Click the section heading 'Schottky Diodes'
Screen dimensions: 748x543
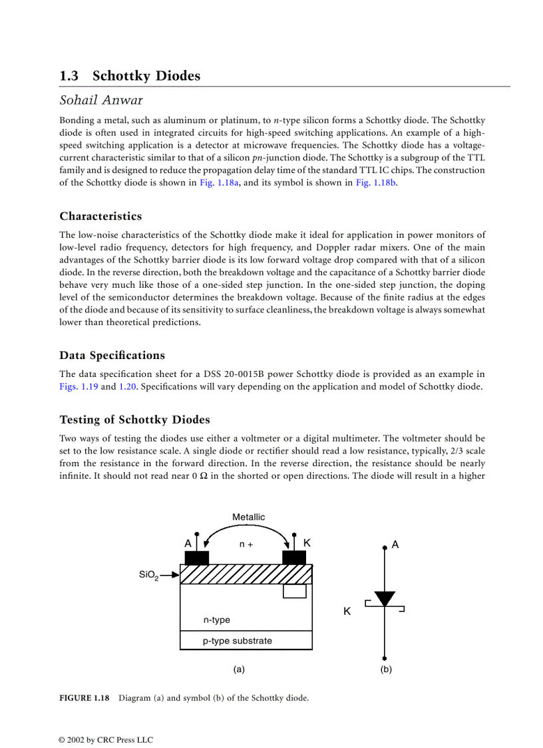[146, 76]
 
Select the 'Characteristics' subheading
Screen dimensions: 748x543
[100, 216]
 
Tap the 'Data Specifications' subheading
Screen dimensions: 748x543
[112, 355]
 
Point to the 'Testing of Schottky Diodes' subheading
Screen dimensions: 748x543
[134, 420]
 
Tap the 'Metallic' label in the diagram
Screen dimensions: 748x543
[248, 518]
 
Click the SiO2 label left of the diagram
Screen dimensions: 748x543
[148, 574]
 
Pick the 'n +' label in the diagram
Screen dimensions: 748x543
[246, 544]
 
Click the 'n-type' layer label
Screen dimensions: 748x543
[217, 620]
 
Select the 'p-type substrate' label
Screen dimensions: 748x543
[238, 641]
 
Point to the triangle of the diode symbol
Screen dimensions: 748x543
[385, 598]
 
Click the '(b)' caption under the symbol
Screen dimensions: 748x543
[386, 669]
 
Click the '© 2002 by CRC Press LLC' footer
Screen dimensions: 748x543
[106, 740]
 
